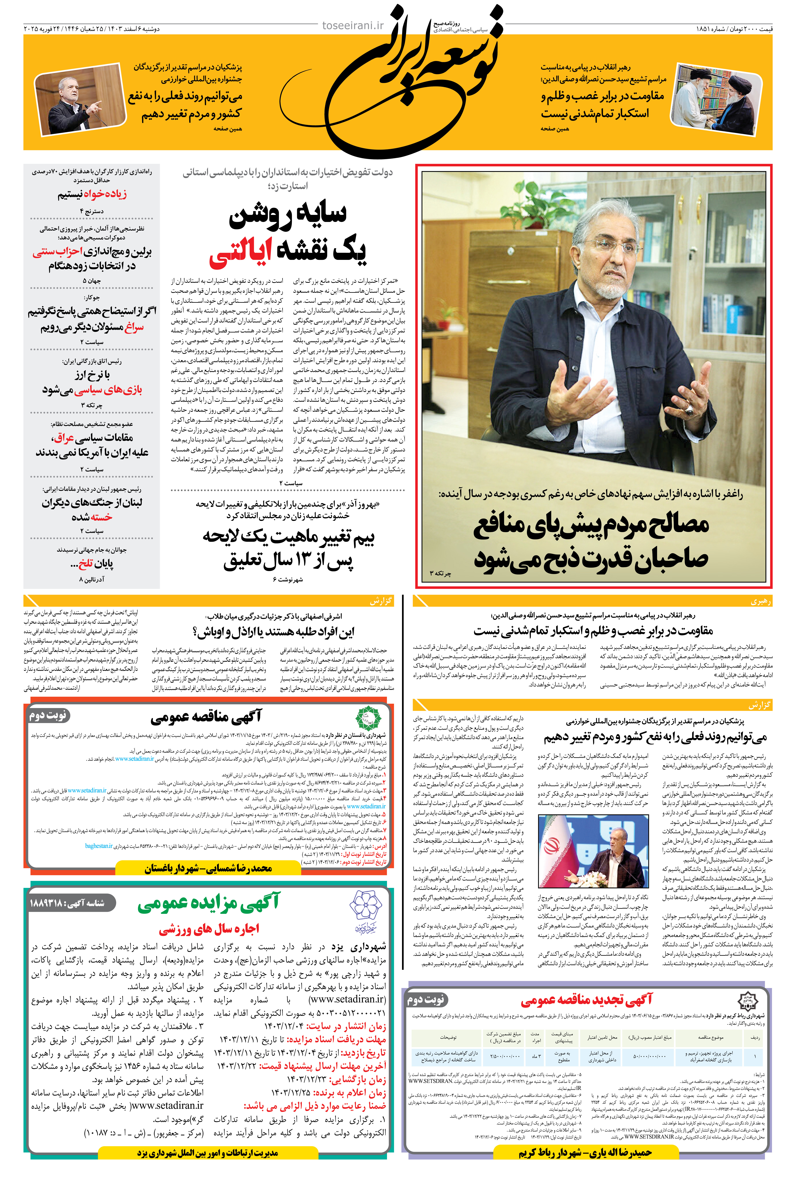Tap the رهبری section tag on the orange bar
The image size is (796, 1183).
click(760, 601)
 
